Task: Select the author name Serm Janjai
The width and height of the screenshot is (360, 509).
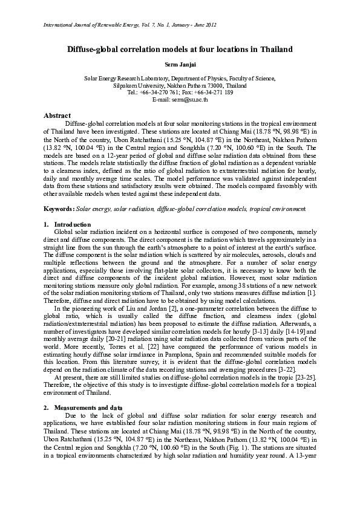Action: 180,64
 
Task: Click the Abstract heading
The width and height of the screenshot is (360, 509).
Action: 57,115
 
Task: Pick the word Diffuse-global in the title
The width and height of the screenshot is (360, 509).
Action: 96,49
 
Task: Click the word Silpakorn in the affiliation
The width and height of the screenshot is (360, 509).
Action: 126,86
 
